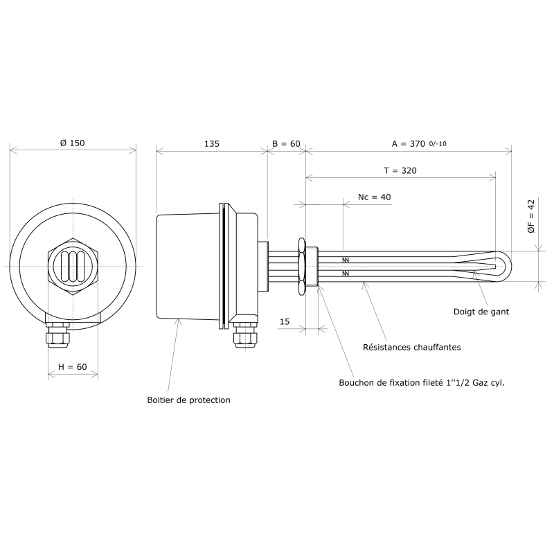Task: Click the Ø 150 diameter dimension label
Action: click(x=73, y=143)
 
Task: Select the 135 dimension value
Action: click(x=212, y=143)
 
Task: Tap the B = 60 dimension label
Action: click(x=286, y=143)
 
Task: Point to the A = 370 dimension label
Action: click(x=409, y=143)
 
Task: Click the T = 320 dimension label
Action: click(x=400, y=170)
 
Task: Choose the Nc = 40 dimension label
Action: click(x=375, y=197)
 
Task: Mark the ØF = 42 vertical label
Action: click(x=531, y=216)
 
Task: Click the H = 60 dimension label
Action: click(x=73, y=367)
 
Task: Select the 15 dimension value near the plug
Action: click(x=285, y=321)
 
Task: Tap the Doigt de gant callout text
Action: click(x=481, y=312)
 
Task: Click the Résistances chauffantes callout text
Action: click(x=412, y=347)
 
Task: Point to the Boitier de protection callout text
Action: click(x=188, y=400)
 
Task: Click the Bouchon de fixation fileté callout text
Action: click(x=422, y=383)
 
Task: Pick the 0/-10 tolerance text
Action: click(x=438, y=144)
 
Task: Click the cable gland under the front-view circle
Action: click(x=57, y=335)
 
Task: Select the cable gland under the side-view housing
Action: click(x=246, y=335)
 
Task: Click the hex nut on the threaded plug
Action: click(x=301, y=267)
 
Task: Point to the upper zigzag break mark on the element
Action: click(x=346, y=260)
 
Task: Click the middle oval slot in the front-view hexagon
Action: click(x=73, y=267)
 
